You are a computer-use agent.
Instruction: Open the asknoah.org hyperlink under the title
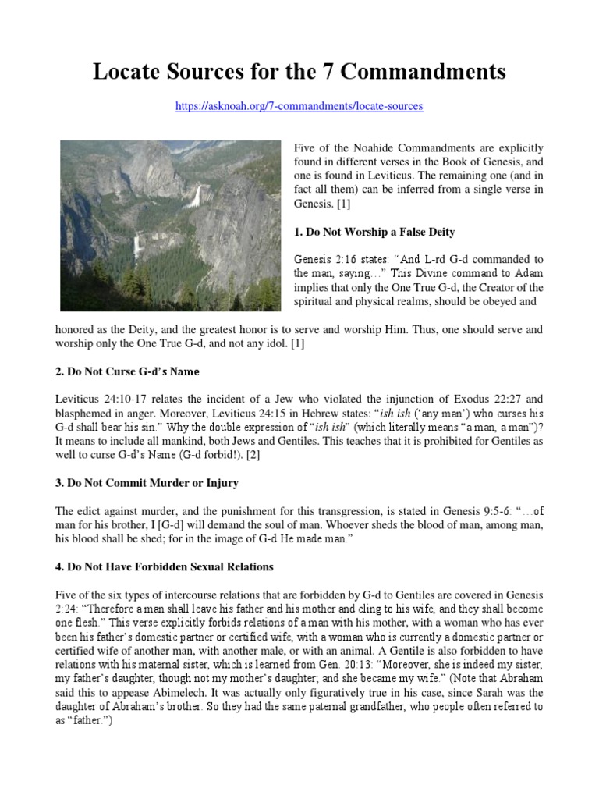[299, 106]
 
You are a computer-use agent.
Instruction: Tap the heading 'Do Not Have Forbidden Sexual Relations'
[165, 566]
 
